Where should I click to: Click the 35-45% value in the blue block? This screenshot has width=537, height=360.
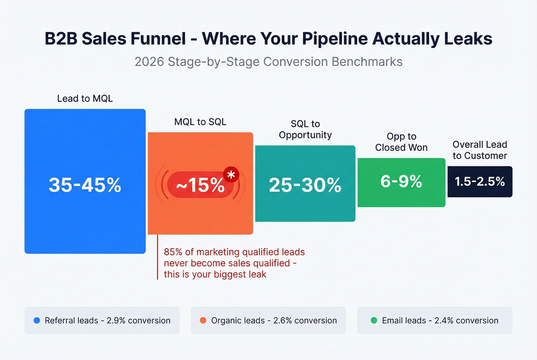point(85,185)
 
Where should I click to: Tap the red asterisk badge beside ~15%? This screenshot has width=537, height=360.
point(231,175)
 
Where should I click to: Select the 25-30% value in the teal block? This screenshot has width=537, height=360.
point(305,185)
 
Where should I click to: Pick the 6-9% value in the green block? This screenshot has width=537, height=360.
point(401,181)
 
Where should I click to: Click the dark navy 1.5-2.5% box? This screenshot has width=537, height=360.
point(479,181)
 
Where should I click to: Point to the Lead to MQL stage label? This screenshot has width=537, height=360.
point(85,99)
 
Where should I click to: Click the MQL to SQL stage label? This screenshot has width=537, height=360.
point(200,122)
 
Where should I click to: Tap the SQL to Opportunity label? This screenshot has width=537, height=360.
point(305,129)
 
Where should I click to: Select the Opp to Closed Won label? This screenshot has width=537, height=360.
point(401,142)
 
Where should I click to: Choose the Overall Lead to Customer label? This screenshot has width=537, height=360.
point(479,150)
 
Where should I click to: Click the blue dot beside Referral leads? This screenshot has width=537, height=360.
point(37,321)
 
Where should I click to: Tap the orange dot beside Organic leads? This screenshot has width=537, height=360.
point(203,321)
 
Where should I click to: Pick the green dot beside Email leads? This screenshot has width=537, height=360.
point(374,321)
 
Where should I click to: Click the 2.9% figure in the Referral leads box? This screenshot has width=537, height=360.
point(116,321)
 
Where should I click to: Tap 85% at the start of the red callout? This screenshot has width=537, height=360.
point(173,252)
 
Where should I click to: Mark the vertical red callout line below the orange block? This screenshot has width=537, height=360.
point(158,257)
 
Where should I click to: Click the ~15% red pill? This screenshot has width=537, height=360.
point(199,185)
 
